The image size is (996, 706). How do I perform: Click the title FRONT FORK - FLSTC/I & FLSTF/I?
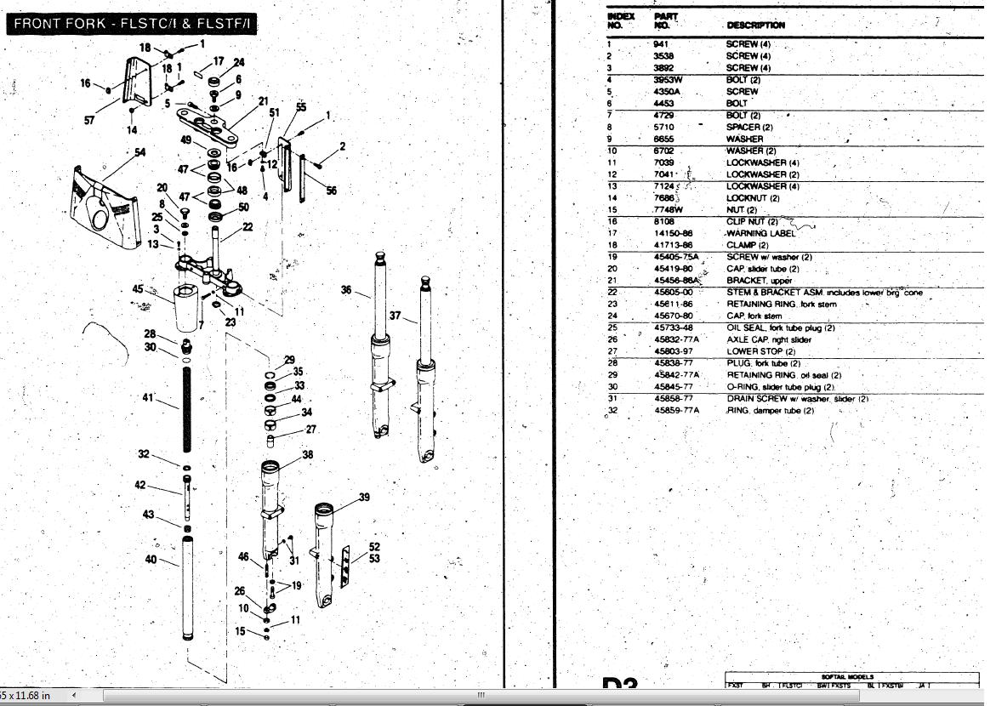point(132,23)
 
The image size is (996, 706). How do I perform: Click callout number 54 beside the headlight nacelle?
point(140,153)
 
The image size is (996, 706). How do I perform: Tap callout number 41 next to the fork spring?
point(149,397)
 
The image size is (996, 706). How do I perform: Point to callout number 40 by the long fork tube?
point(151,560)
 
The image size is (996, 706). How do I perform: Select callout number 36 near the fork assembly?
point(346,290)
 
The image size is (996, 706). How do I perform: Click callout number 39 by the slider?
point(364,498)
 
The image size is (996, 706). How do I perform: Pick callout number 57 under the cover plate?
point(89,120)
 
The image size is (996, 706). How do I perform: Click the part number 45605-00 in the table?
point(674,292)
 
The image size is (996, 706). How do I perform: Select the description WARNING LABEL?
point(761,233)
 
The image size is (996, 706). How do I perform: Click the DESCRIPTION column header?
point(756,26)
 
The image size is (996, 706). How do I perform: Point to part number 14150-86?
point(674,233)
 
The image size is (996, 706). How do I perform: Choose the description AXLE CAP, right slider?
point(769,339)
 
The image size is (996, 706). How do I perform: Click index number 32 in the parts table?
point(612,411)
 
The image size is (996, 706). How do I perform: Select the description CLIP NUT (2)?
point(753,221)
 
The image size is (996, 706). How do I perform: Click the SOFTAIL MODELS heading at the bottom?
point(847,677)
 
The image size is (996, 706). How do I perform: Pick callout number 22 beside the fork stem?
point(248,227)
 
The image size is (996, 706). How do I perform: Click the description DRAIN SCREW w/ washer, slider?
point(797,399)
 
